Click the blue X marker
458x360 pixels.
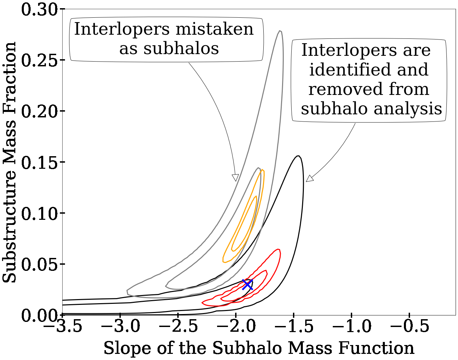[247, 284]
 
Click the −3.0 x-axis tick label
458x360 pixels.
[120, 327]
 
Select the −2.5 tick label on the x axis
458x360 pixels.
[178, 327]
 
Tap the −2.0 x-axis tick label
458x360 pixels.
[236, 327]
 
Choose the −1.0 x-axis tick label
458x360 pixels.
[352, 327]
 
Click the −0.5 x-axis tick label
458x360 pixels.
[410, 327]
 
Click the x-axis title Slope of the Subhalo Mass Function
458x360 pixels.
[259, 348]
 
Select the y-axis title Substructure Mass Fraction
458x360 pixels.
[10, 162]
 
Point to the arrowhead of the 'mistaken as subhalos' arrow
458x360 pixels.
[235, 178]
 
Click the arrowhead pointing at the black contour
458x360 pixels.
[309, 179]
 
